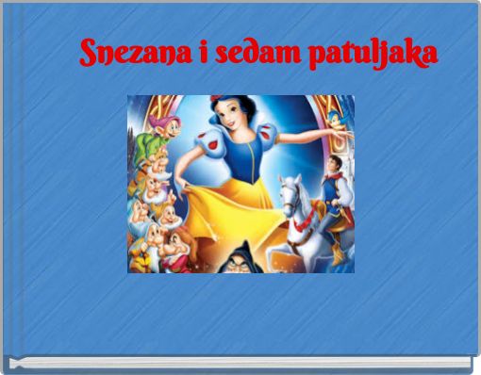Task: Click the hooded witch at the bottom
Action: pyautogui.click(x=230, y=258)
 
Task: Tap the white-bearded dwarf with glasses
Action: pyautogui.click(x=157, y=174)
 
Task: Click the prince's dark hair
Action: pyautogui.click(x=331, y=159)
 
